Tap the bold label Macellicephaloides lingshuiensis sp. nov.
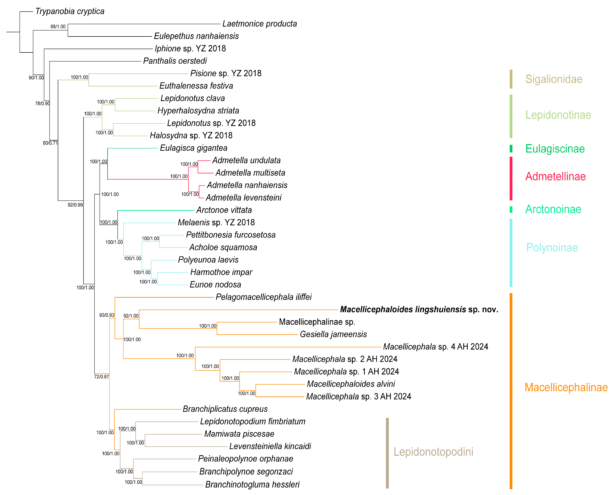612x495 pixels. [x=419, y=309]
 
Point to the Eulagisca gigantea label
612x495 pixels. [x=193, y=148]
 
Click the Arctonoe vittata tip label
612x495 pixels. [x=224, y=210]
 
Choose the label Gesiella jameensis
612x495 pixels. [x=333, y=334]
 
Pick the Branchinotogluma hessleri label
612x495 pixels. [x=252, y=484]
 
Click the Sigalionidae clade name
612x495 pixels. [x=553, y=79]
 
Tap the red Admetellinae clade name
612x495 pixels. [x=555, y=177]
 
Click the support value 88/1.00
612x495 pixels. [x=58, y=27]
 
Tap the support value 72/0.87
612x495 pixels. [x=102, y=377]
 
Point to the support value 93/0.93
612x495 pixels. [x=107, y=315]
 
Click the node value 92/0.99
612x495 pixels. [x=75, y=205]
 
